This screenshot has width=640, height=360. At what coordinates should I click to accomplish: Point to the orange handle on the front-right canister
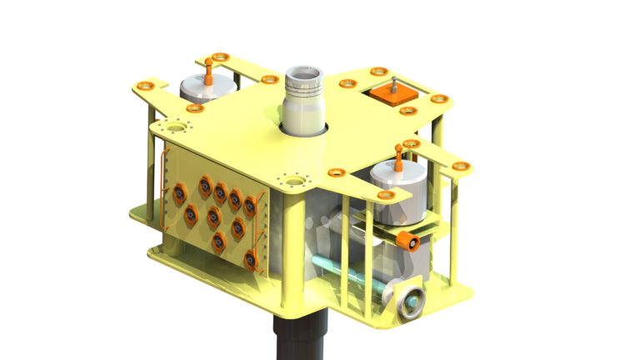[x=398, y=158]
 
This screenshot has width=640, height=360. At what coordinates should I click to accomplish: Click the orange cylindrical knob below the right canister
[x=407, y=241]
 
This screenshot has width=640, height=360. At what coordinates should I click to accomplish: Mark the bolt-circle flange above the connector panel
[x=177, y=128]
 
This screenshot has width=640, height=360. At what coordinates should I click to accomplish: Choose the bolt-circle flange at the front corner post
[x=293, y=179]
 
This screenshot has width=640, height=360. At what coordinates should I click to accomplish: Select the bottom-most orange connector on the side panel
[x=251, y=260]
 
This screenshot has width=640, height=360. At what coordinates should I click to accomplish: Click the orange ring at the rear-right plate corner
[x=442, y=100]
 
